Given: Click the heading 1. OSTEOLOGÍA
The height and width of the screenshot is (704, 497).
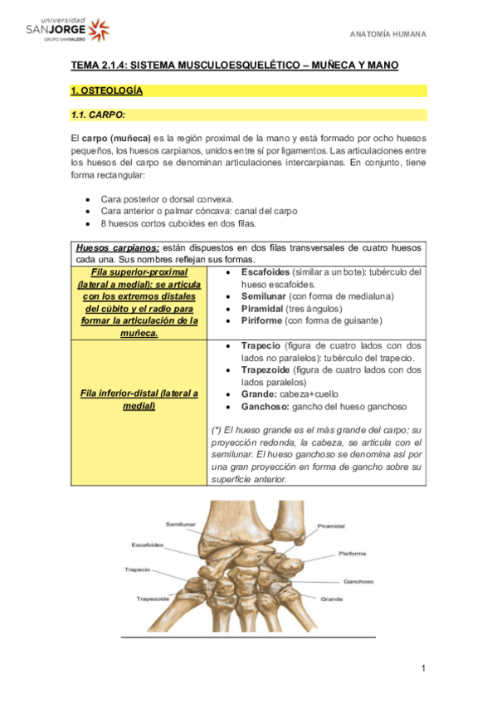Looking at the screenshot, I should click(x=106, y=90).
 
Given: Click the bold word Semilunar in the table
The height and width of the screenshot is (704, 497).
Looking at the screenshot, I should click(x=264, y=296).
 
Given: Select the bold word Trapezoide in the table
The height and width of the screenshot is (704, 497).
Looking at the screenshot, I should click(x=268, y=369).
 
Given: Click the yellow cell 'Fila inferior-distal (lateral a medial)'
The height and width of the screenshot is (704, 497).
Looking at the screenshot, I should click(x=139, y=399).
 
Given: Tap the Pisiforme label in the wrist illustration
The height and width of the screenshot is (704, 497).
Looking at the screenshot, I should click(x=352, y=553).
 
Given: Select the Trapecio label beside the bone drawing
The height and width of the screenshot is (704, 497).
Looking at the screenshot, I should click(x=137, y=570).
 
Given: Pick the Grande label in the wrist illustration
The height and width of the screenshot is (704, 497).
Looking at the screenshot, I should click(x=331, y=599).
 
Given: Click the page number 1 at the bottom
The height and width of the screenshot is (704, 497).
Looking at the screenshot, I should click(x=422, y=668).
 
